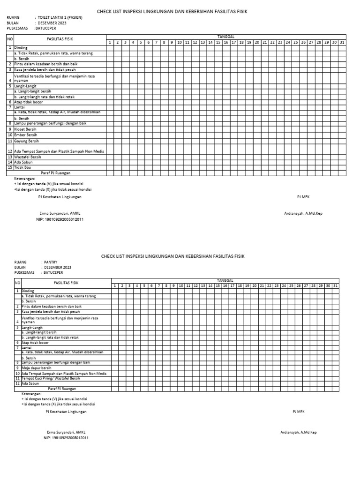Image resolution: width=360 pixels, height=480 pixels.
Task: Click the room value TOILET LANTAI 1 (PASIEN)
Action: [x=60, y=17]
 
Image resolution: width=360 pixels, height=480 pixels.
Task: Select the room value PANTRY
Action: [x=51, y=262]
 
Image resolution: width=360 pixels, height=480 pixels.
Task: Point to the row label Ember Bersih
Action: [x=26, y=135]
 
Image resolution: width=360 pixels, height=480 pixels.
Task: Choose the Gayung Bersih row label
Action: [x=27, y=141]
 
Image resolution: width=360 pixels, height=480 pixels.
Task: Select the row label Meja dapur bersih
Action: [x=37, y=368]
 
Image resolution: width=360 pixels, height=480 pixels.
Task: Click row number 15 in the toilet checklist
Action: [x=9, y=167]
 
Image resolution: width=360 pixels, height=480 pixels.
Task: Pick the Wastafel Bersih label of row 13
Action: [x=28, y=157]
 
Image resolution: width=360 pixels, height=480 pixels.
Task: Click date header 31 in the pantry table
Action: [x=335, y=285]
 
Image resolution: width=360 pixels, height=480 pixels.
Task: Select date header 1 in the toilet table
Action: [x=110, y=42]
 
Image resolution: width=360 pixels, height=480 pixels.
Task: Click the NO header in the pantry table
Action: [x=17, y=283]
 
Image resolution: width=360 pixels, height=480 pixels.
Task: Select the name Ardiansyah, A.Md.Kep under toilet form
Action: [x=303, y=213]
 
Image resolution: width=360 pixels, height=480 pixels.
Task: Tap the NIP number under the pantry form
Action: [x=66, y=438]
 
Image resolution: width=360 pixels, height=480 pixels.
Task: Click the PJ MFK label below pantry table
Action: [x=299, y=412]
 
